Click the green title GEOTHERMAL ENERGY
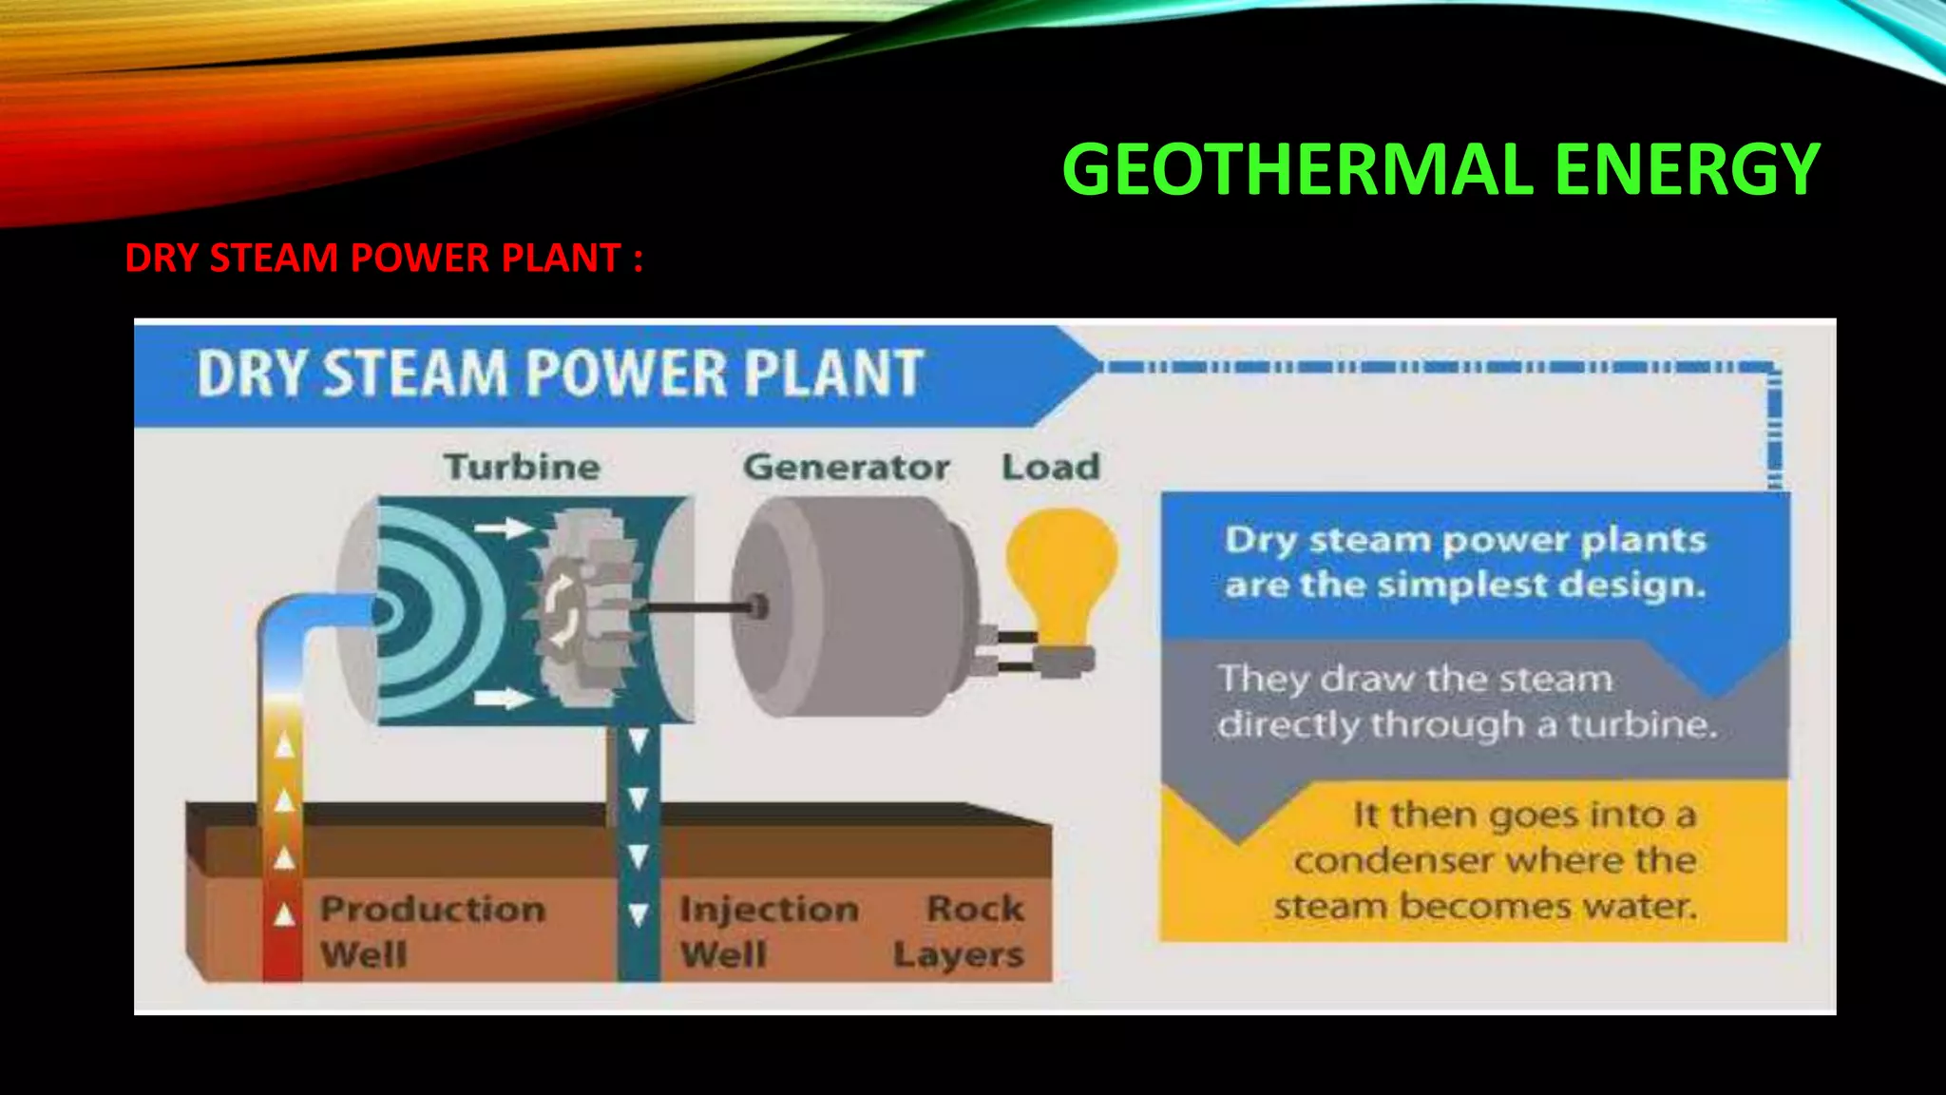pos(1440,169)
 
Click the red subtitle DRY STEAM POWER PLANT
pos(383,259)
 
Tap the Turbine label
pos(522,467)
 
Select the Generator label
pos(846,467)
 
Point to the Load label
pos(1051,467)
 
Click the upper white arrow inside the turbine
pos(505,528)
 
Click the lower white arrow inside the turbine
pos(504,700)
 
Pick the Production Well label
pos(432,931)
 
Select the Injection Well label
pos(769,931)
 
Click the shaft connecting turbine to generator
pos(698,606)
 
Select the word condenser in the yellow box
pos(1398,861)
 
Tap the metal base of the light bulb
pos(1063,660)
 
